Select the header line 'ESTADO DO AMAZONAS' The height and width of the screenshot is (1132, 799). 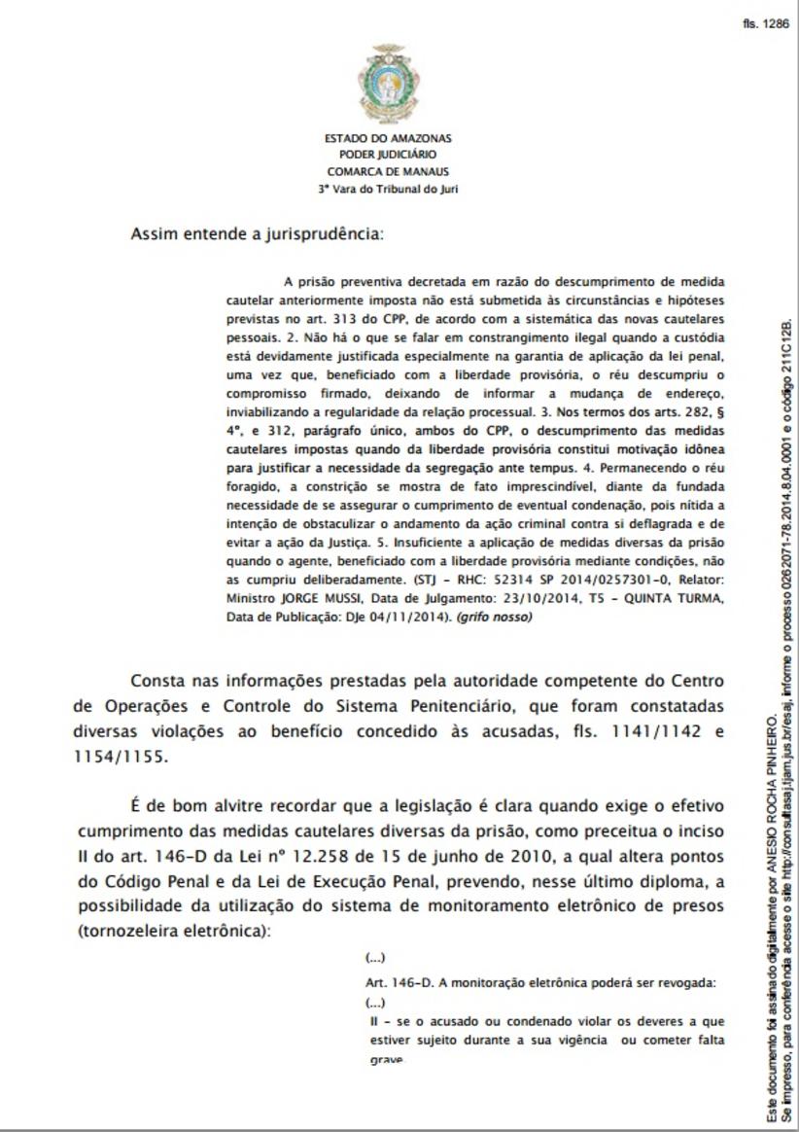point(388,139)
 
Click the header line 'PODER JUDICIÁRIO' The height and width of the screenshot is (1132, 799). point(388,155)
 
